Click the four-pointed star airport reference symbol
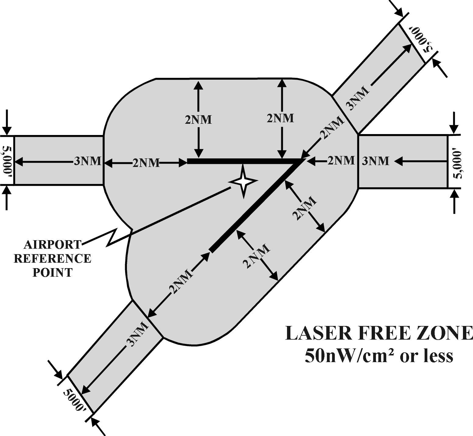(243, 182)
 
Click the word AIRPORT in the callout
(52, 244)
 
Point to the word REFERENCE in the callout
(53, 258)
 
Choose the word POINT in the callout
(53, 272)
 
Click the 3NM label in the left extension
(87, 161)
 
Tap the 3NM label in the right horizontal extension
(375, 161)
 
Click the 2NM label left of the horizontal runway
(146, 163)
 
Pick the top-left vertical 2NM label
(198, 119)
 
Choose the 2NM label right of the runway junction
(341, 160)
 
